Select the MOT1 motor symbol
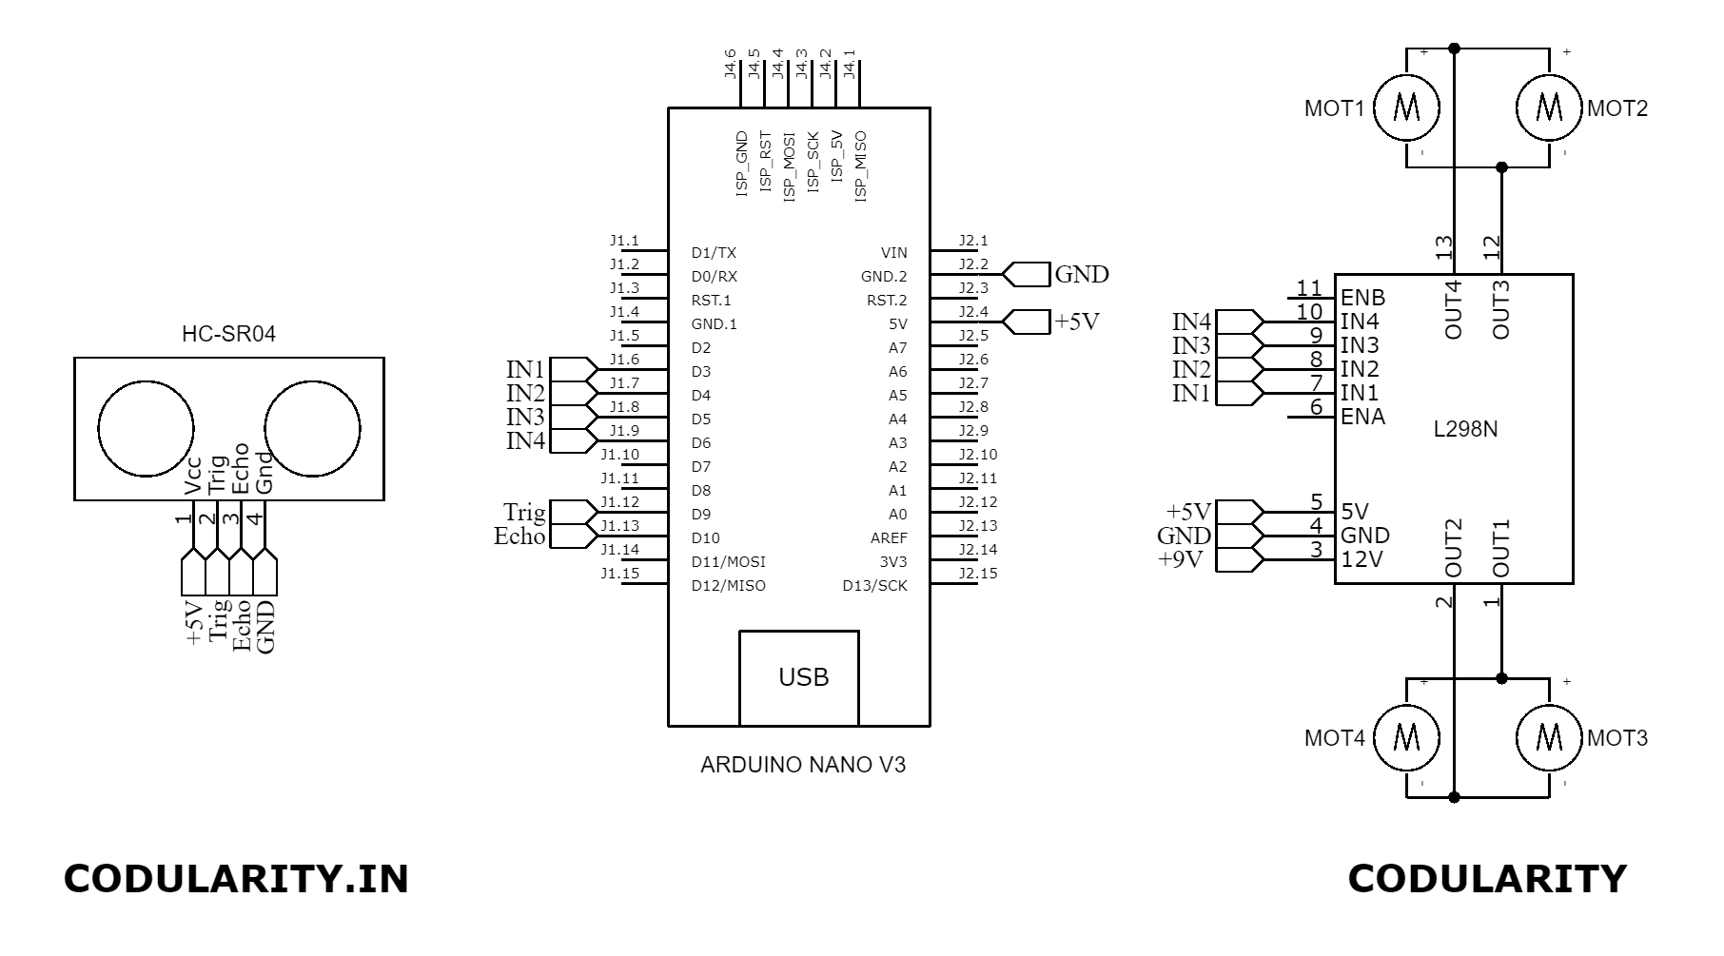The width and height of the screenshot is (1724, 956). [1406, 107]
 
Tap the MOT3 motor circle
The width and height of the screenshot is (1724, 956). [1550, 737]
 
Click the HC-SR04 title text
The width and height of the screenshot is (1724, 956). [228, 335]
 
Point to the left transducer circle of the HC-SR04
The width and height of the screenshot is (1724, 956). [147, 428]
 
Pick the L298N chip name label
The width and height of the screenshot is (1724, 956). [1465, 429]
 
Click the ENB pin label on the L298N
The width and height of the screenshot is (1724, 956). [1362, 298]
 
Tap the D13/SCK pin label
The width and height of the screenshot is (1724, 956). [874, 586]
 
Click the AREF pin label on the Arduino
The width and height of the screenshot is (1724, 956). [889, 538]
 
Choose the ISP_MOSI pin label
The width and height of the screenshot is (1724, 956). [789, 166]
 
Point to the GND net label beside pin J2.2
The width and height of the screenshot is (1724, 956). [1082, 275]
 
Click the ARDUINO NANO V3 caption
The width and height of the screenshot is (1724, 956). [802, 765]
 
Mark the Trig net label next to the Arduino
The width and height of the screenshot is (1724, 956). [524, 514]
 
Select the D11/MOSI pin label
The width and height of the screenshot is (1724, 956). [728, 562]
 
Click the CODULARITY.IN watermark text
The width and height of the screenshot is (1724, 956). [236, 879]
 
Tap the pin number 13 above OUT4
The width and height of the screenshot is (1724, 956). [1444, 247]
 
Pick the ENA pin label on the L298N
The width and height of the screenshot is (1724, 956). [1362, 417]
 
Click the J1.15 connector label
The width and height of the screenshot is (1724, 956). [619, 574]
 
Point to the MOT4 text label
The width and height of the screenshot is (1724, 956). [1334, 738]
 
